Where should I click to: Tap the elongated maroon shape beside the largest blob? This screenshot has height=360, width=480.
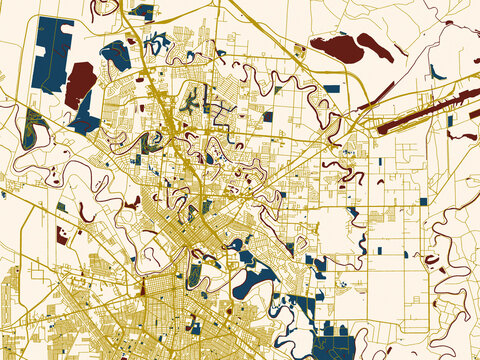tap(376, 46)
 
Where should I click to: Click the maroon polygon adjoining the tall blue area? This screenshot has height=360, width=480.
tap(79, 84)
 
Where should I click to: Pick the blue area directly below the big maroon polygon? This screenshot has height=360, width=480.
tap(86, 121)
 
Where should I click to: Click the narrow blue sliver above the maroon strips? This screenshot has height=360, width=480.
tap(437, 72)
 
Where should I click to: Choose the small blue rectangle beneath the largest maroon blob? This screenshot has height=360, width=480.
tap(331, 88)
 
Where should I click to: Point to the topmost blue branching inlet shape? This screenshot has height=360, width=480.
tap(156, 44)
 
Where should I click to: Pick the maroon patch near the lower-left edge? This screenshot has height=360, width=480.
tap(63, 236)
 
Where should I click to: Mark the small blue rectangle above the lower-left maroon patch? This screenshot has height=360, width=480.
tap(61, 207)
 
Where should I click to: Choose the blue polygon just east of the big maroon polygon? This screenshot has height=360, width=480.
tap(115, 55)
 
